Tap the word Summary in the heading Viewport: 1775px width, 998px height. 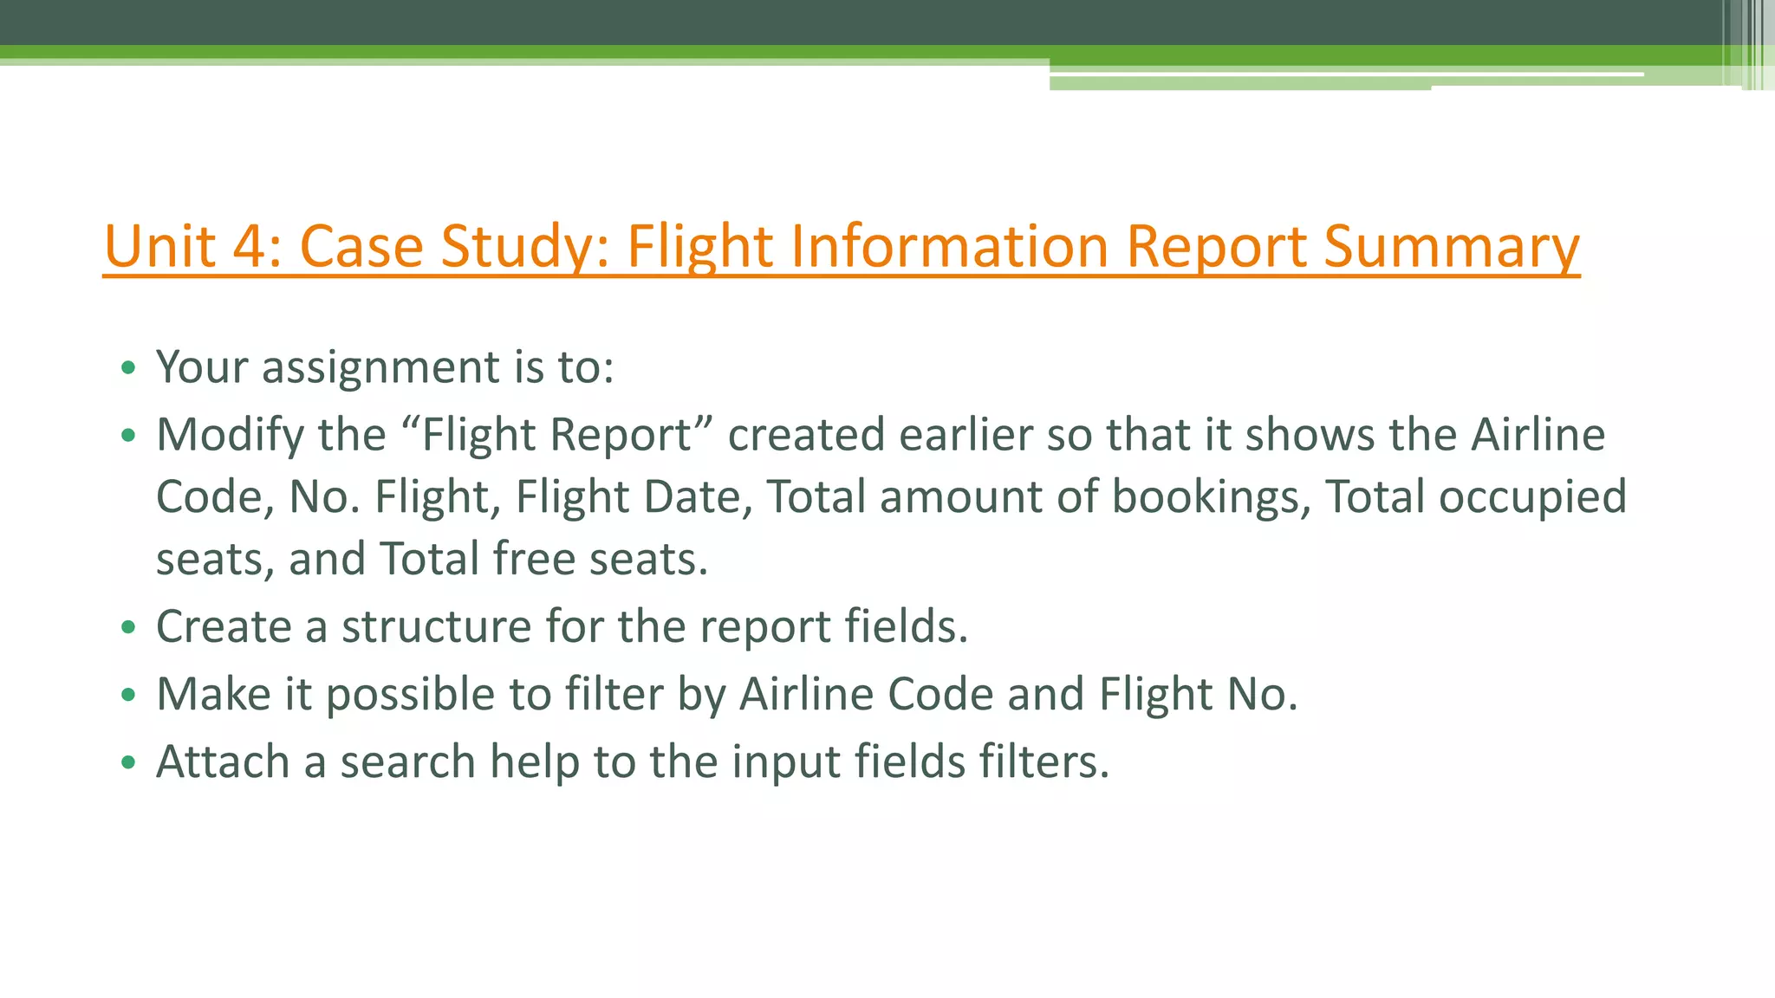coord(1452,246)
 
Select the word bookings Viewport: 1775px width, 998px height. coord(1211,497)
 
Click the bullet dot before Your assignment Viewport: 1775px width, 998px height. coord(129,368)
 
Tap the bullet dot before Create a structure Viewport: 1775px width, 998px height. coord(129,627)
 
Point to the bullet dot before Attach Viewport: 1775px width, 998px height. coord(129,763)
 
